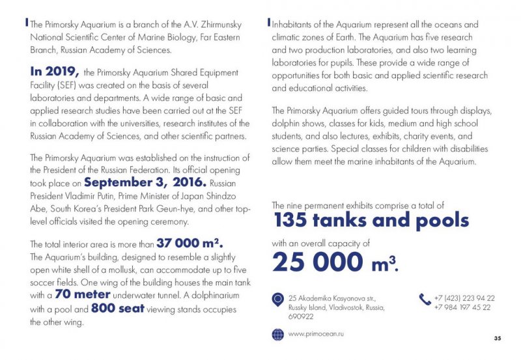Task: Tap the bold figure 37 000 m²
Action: click(x=190, y=243)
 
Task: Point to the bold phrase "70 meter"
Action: click(x=76, y=294)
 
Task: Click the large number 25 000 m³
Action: click(x=335, y=261)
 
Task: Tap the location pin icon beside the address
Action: click(x=277, y=300)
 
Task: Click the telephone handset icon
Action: click(x=425, y=299)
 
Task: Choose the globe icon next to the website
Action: click(x=277, y=334)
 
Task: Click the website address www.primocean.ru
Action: click(x=316, y=333)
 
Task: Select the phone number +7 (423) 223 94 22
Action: click(x=464, y=298)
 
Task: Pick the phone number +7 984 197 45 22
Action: click(x=462, y=307)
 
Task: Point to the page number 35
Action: click(x=498, y=338)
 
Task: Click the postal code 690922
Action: click(x=301, y=317)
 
